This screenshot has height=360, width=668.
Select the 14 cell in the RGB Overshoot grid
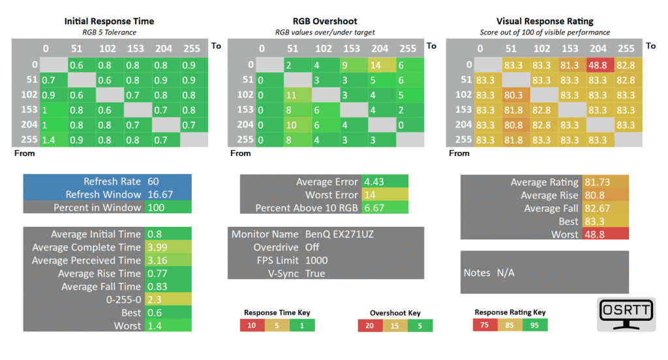(x=382, y=65)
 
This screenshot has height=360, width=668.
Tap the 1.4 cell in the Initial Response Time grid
(x=53, y=140)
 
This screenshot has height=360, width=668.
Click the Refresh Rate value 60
(x=153, y=181)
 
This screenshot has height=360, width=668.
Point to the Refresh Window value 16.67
(x=160, y=195)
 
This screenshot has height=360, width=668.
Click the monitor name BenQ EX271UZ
(x=339, y=234)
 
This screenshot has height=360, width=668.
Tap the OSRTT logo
(x=626, y=314)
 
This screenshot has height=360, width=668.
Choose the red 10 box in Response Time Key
(x=252, y=325)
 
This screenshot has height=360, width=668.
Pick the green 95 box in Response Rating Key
(x=535, y=325)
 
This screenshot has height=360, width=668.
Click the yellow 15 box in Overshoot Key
(x=395, y=326)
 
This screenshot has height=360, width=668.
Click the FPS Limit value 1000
(x=316, y=260)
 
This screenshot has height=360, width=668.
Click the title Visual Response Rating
(x=545, y=22)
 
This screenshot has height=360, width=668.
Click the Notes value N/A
(x=506, y=273)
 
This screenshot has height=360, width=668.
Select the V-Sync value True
(x=315, y=273)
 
